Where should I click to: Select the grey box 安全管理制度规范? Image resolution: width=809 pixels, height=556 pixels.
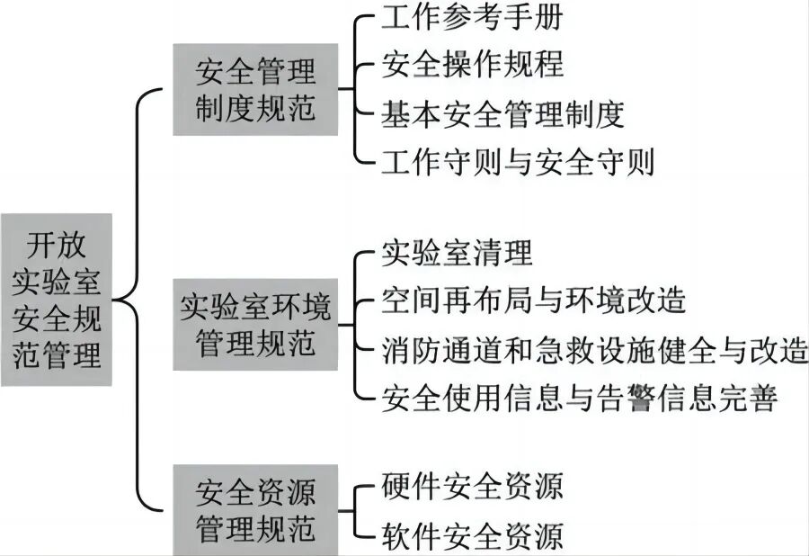click(255, 90)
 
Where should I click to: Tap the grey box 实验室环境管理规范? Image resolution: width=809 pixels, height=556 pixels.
click(255, 323)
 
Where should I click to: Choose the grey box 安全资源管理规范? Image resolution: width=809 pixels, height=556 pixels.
click(255, 509)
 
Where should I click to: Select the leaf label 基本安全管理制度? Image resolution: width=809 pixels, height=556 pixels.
click(502, 114)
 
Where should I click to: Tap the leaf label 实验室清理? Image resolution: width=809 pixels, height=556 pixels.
click(458, 253)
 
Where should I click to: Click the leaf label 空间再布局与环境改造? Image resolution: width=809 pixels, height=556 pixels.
click(534, 300)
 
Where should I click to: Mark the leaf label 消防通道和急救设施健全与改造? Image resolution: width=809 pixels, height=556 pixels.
click(594, 348)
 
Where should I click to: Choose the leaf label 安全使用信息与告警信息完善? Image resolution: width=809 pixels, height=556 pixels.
click(579, 397)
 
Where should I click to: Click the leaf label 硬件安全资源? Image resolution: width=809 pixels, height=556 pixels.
click(473, 488)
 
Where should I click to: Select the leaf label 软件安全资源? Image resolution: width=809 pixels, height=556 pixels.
click(473, 536)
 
